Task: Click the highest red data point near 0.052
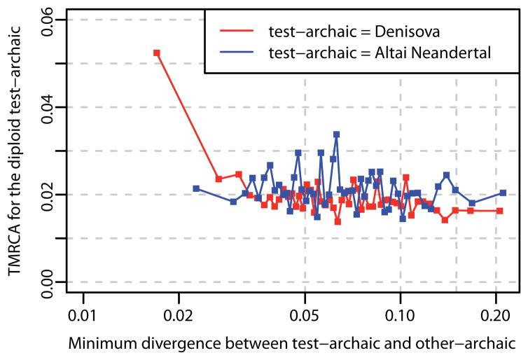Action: [x=157, y=53]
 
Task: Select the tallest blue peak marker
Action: [x=336, y=134]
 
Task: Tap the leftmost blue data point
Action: [x=196, y=188]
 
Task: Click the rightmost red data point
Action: [x=499, y=211]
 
